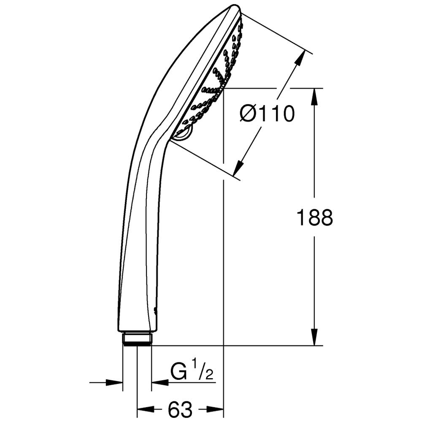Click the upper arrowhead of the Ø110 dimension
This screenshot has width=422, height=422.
click(x=300, y=57)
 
